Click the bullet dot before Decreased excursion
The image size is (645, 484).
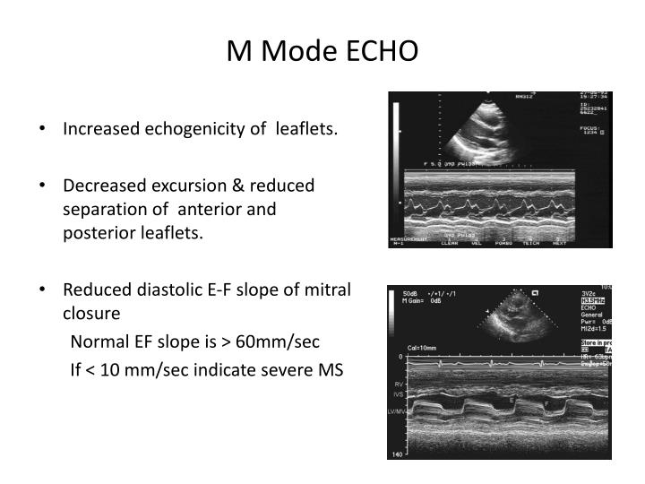(44, 186)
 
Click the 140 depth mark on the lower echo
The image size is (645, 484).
(396, 455)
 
